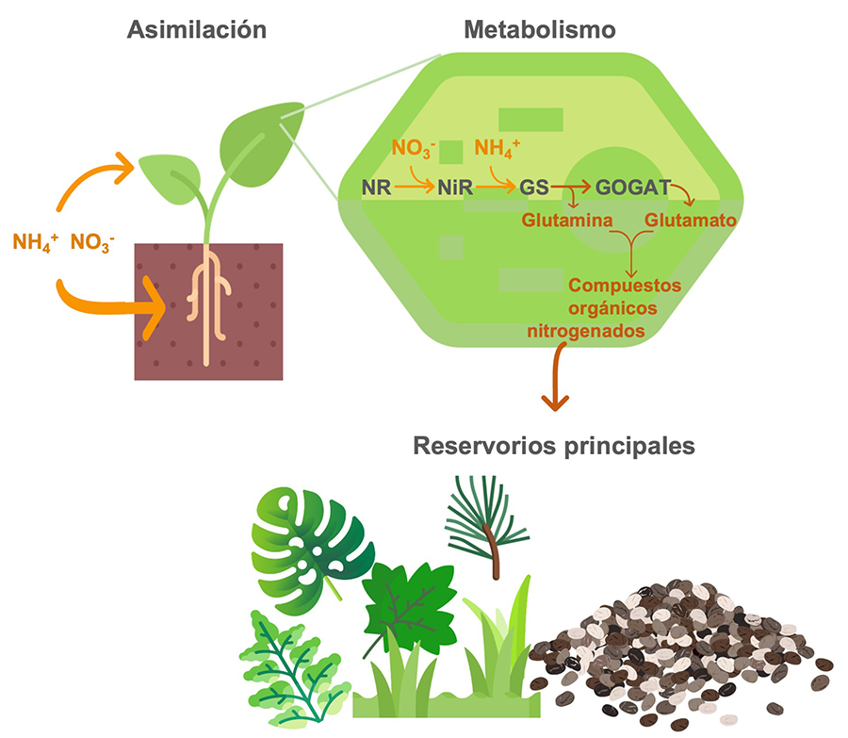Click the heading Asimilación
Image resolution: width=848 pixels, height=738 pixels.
(197, 30)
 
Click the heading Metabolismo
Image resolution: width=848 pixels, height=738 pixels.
(540, 30)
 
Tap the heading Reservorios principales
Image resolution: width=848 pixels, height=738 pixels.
(554, 444)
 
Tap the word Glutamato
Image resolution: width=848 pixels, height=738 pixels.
(691, 220)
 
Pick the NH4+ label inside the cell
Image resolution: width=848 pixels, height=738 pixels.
(497, 148)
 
